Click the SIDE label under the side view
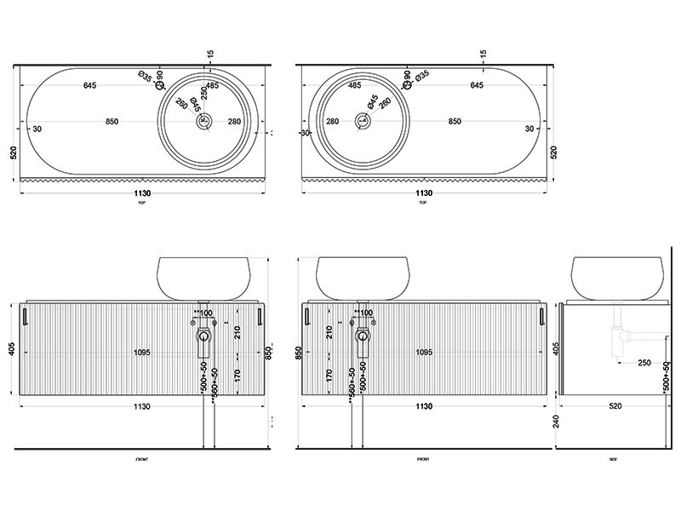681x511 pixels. (x=612, y=459)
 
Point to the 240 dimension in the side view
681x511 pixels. (x=554, y=420)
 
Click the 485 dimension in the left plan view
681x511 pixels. (x=213, y=85)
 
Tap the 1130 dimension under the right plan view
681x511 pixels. (x=422, y=194)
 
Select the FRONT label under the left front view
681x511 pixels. (x=141, y=459)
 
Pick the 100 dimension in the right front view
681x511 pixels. (x=366, y=313)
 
